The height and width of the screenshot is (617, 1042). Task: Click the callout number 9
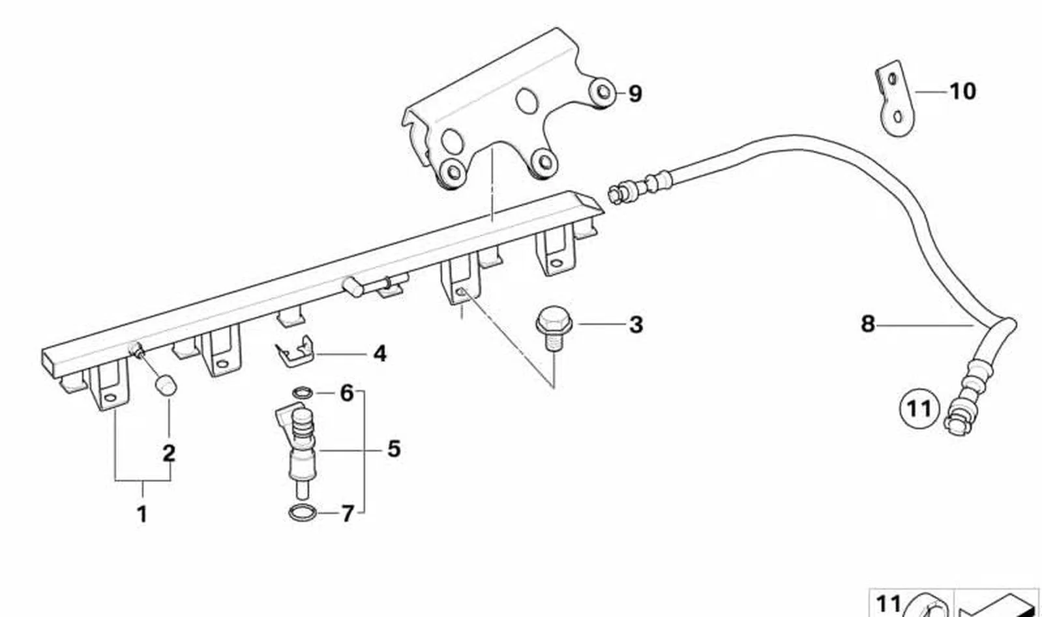(x=635, y=94)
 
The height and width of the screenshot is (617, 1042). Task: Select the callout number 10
(x=962, y=92)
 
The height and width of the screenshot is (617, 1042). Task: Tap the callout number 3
(x=636, y=325)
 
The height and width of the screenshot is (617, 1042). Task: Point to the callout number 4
(x=380, y=354)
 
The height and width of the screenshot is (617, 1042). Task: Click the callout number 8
(x=868, y=324)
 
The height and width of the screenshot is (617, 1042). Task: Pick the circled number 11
(x=919, y=409)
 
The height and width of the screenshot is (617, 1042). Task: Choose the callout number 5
(x=394, y=449)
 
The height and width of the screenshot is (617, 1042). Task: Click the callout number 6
(x=347, y=393)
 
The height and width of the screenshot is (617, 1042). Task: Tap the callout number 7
(x=348, y=514)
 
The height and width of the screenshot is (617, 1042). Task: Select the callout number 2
(x=169, y=453)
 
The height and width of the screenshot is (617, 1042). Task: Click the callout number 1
(x=142, y=515)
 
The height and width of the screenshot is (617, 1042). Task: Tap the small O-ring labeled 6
(x=303, y=393)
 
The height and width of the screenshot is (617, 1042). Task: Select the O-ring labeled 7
(x=303, y=513)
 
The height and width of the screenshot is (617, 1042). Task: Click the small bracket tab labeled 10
(x=895, y=100)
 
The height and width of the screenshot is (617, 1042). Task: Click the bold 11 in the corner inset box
(x=889, y=605)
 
